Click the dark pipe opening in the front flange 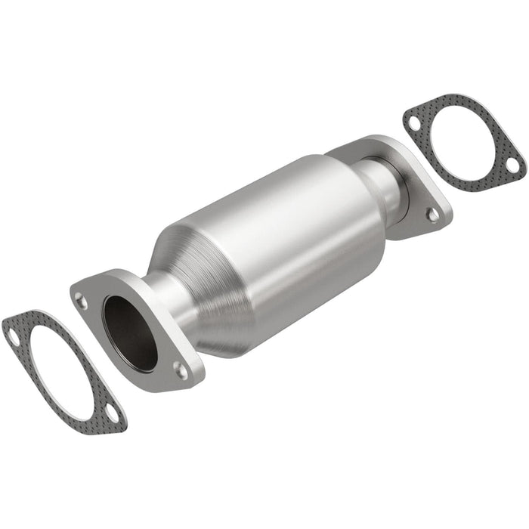tap(130, 331)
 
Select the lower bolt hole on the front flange tap(179, 370)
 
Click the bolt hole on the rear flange tap(432, 215)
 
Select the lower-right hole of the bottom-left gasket tap(110, 415)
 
